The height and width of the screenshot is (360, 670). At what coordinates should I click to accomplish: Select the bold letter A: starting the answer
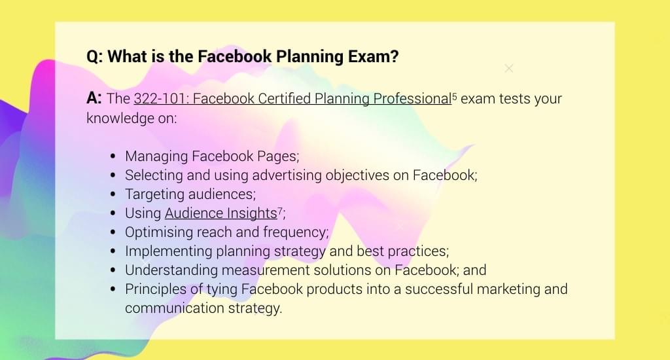pyautogui.click(x=94, y=98)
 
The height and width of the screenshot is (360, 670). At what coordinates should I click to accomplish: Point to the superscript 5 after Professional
pyautogui.click(x=455, y=96)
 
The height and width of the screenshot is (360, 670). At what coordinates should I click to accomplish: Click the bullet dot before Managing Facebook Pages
pyautogui.click(x=113, y=156)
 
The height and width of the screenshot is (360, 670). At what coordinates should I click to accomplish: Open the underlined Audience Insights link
pyautogui.click(x=221, y=213)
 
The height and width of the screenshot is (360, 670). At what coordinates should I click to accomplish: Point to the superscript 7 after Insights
pyautogui.click(x=280, y=210)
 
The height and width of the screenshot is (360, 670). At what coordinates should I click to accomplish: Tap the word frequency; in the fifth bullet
pyautogui.click(x=296, y=232)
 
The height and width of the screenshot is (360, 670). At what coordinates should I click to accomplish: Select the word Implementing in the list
pyautogui.click(x=168, y=251)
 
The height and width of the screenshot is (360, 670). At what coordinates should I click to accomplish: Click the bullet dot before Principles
pyautogui.click(x=113, y=289)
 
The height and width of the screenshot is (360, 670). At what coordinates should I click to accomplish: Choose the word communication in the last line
pyautogui.click(x=174, y=308)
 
